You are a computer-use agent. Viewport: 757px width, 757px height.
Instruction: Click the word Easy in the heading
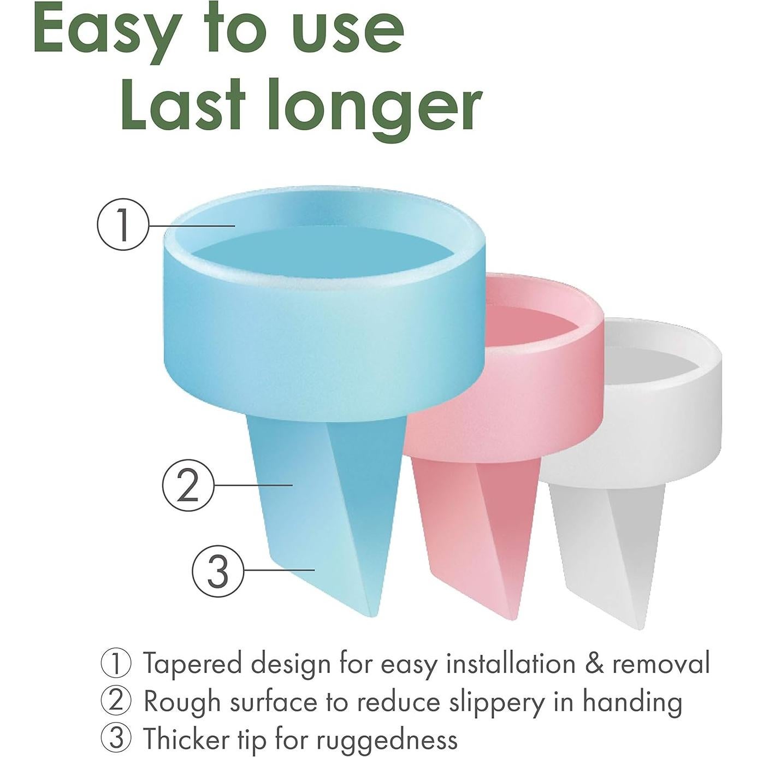[x=105, y=32]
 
